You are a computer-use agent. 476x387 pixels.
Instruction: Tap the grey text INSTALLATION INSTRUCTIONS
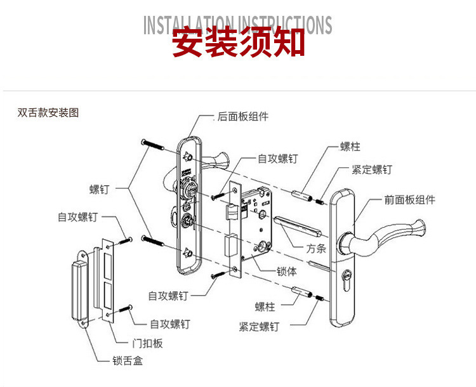click(238, 25)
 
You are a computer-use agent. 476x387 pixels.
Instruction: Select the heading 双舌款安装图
click(48, 113)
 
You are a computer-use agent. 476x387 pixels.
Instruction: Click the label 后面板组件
click(242, 117)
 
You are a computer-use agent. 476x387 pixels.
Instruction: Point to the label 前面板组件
click(410, 199)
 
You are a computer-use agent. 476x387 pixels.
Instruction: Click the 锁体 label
click(286, 272)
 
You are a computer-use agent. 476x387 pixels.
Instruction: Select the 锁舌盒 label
click(128, 360)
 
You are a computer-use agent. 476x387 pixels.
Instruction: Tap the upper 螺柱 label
click(350, 147)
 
